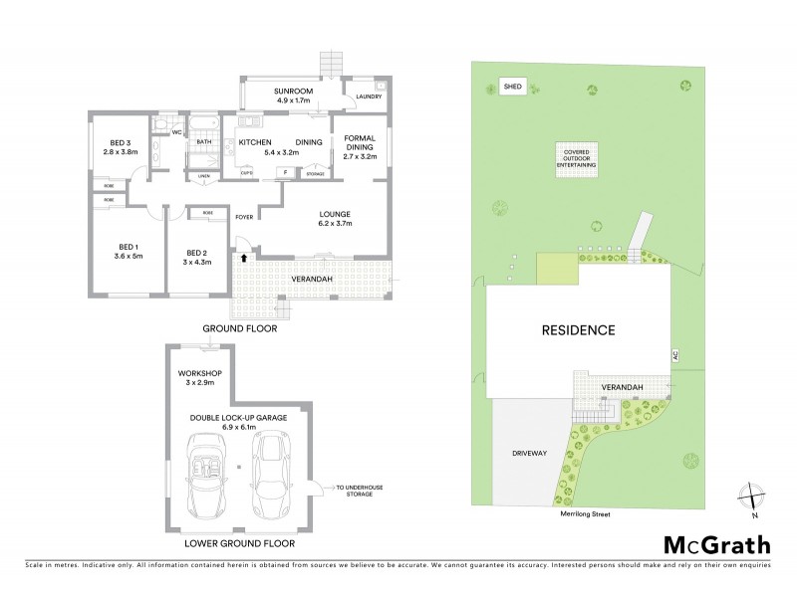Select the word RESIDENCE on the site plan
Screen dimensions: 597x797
point(578,329)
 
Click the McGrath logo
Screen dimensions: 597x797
point(716,544)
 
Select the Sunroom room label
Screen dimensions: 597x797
point(294,96)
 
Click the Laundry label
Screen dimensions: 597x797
point(367,97)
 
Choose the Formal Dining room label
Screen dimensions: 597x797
point(360,146)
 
